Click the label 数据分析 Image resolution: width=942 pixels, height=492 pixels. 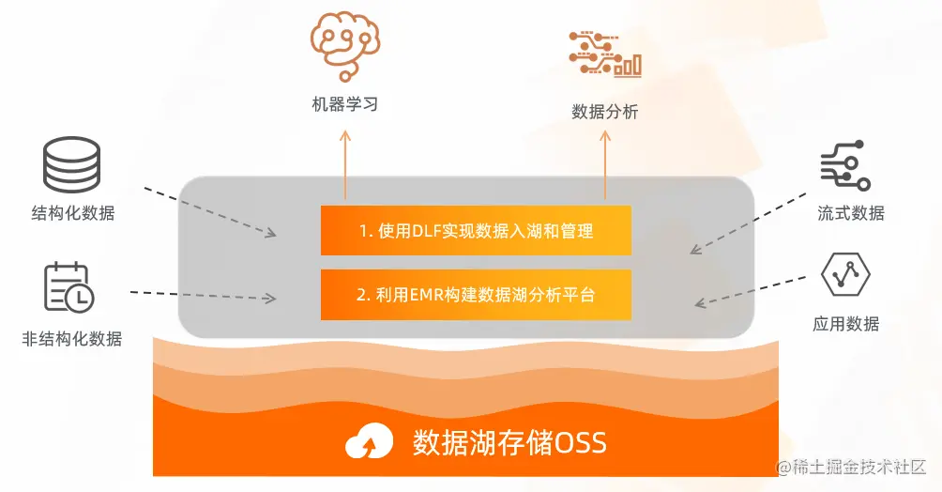604,112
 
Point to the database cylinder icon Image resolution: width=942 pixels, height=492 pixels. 72,166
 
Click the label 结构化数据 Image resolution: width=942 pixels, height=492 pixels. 72,212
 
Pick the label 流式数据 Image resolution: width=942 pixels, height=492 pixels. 850,213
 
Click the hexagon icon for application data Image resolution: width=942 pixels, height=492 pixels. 845,275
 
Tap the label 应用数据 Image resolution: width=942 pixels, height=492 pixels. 845,325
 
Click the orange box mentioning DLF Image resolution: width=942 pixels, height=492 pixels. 476,230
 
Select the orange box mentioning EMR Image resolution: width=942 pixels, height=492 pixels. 476,294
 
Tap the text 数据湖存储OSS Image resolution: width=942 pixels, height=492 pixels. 509,440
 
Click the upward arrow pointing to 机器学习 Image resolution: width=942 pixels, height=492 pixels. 344,164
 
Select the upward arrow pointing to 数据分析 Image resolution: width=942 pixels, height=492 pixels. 604,164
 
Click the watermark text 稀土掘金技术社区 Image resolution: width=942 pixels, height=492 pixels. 851,467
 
